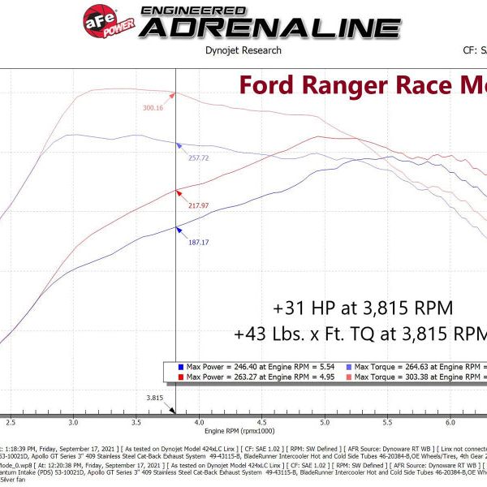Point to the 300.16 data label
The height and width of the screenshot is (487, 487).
click(153, 108)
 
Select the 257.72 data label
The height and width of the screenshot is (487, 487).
click(199, 158)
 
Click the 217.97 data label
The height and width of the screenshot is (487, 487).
click(198, 206)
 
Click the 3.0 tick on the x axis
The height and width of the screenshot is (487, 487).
click(74, 423)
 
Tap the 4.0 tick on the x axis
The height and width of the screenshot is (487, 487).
click(199, 423)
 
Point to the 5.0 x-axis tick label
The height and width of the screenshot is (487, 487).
click(325, 423)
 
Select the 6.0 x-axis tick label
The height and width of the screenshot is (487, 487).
click(450, 423)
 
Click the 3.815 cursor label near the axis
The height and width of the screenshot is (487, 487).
click(156, 399)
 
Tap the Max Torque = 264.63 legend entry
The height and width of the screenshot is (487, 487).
click(421, 366)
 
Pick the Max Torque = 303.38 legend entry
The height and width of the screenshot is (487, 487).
click(421, 377)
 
